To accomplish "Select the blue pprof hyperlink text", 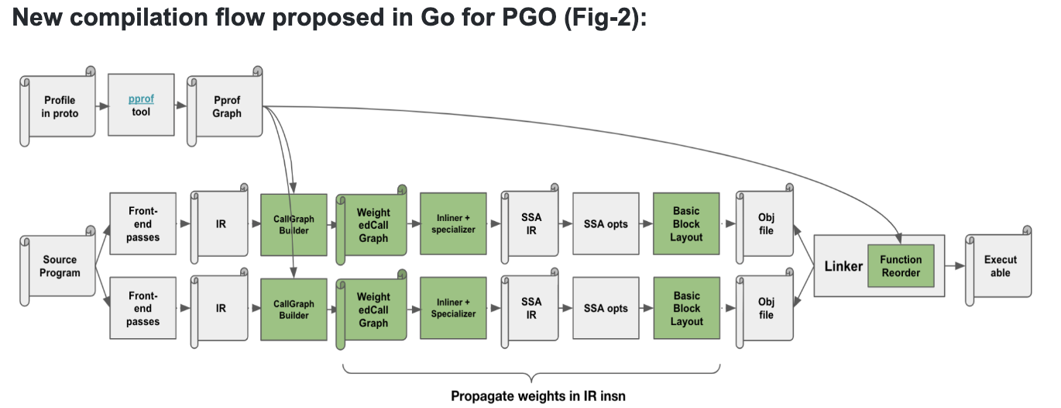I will tap(141, 99).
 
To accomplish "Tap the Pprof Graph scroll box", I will tap(227, 107).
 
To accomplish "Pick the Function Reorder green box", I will tap(901, 266).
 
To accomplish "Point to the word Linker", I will tap(843, 266).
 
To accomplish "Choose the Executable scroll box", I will tap(1000, 266).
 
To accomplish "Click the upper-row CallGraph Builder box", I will tap(294, 224).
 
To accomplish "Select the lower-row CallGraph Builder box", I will tap(294, 309).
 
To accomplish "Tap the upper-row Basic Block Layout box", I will tap(686, 224).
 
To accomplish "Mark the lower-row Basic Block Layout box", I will tap(686, 309).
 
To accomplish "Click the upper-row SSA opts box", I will tap(606, 224).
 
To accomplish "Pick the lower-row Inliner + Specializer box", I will tap(453, 308).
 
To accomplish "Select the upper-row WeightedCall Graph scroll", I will tap(373, 225).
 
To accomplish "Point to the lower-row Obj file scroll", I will tap(765, 309).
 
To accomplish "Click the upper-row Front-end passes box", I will tap(142, 224).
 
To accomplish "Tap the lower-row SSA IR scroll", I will tap(531, 309).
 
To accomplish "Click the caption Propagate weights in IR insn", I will tap(537, 396).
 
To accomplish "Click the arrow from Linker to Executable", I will tap(955, 266).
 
